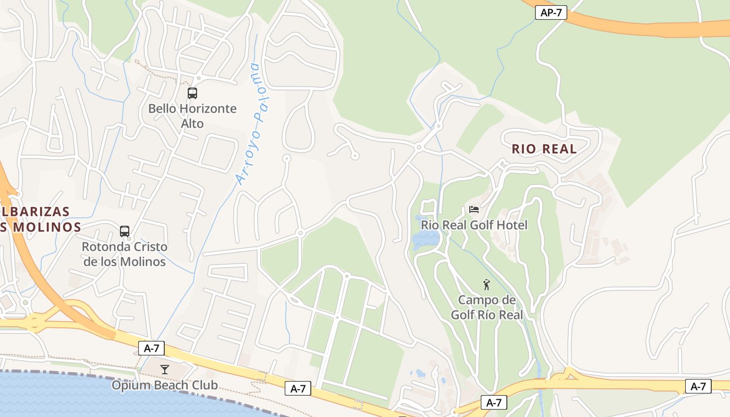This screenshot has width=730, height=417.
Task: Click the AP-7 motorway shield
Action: click(551, 13)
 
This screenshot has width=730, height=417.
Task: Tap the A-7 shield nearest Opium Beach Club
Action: click(152, 348)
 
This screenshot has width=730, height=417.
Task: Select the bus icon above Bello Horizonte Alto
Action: click(192, 93)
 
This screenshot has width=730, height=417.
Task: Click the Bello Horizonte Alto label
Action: click(192, 116)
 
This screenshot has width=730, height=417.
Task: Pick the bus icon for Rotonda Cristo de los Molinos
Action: click(125, 231)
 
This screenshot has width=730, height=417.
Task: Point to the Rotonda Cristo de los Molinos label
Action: click(125, 254)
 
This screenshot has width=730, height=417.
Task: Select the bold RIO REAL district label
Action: click(544, 149)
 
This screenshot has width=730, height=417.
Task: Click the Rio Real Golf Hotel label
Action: click(474, 225)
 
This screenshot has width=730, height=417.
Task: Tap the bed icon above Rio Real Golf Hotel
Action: click(474, 210)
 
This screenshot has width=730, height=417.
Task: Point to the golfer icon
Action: click(486, 285)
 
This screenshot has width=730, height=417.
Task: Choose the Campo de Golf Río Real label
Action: click(486, 308)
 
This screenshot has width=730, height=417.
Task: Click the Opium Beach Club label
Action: click(165, 386)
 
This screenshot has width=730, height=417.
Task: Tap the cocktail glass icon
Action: click(165, 370)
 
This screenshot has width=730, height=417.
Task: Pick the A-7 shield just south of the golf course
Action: click(493, 402)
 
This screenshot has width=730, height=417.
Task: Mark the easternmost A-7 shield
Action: click(698, 386)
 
